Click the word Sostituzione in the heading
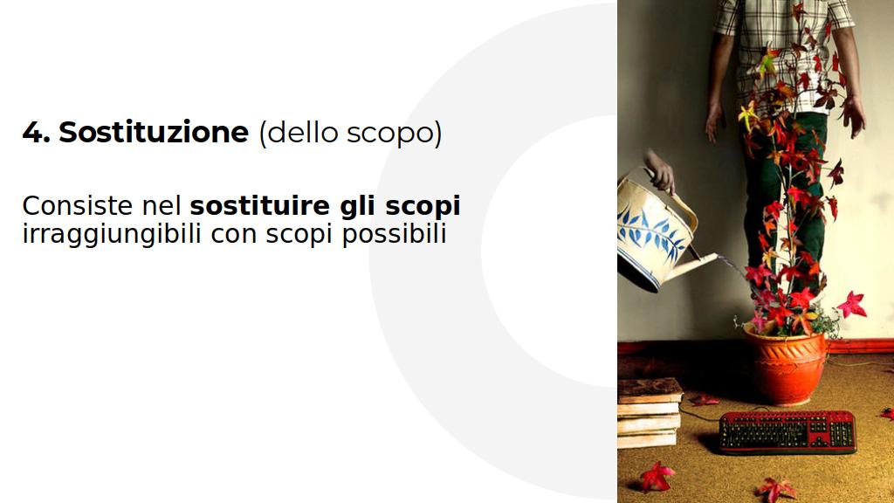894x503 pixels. [154, 133]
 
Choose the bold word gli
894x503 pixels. [357, 207]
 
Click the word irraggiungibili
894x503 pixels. [112, 234]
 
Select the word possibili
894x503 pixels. [394, 234]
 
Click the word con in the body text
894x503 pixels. [233, 236]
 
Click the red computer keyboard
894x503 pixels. [787, 431]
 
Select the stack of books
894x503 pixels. [650, 413]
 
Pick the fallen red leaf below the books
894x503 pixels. [657, 477]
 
